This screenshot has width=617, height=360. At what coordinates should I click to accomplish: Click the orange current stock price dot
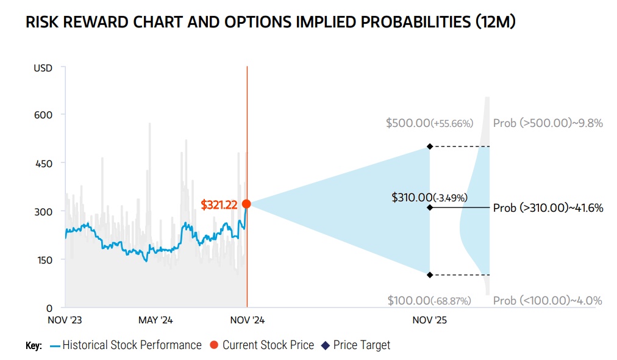[246, 204]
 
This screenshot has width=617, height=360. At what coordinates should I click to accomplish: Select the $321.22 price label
[219, 205]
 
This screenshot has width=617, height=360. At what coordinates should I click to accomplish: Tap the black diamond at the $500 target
[430, 146]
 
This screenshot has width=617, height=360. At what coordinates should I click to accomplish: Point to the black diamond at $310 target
[430, 207]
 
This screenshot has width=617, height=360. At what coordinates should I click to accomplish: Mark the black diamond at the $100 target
[430, 275]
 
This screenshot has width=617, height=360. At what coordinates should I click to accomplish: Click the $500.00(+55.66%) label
[429, 123]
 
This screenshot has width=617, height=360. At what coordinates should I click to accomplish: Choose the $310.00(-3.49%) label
[429, 197]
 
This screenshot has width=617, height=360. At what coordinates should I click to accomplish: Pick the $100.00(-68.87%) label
[429, 300]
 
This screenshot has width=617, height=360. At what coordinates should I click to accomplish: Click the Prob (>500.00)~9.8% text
[547, 123]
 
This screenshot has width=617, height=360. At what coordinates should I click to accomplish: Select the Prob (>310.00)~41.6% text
[547, 208]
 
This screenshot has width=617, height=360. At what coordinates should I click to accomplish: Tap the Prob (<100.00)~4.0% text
[547, 300]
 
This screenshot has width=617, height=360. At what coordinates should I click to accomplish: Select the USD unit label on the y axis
[43, 68]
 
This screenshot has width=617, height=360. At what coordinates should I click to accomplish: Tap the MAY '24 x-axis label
[156, 320]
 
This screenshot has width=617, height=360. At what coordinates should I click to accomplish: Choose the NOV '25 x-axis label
[430, 320]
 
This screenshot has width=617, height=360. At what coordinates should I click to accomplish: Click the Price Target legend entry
[361, 345]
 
